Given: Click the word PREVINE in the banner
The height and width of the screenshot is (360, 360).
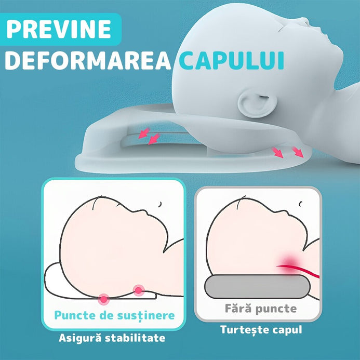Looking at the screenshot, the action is point(59,29).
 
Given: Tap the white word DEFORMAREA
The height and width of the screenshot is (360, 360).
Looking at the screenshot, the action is point(88,60).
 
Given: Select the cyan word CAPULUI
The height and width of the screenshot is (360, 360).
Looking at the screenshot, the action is point(232,60).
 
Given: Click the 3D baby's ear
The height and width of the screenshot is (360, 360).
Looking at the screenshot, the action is point(257,103).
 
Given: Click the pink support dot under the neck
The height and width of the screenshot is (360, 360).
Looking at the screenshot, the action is point(139,290).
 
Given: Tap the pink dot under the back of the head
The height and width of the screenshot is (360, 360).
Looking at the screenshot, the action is point(104,299).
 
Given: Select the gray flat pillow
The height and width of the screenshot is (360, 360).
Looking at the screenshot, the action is point(257,287).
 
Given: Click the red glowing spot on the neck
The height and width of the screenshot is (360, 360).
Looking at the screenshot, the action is point(290,262).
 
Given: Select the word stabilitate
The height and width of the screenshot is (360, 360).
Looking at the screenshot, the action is point(135,338).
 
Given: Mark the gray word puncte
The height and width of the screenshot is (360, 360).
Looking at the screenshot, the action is point(276,309).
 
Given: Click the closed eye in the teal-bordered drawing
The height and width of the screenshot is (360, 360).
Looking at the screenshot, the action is point(160,204).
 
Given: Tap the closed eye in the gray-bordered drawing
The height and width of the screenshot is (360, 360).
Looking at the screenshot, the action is point(300,204).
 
